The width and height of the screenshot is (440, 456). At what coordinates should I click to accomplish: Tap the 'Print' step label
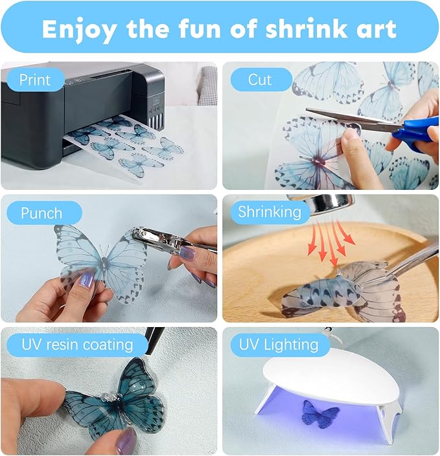[x=34, y=80]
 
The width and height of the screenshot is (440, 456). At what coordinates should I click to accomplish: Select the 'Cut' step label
[x=260, y=80]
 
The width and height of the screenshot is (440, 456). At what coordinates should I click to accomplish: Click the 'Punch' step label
[x=41, y=213]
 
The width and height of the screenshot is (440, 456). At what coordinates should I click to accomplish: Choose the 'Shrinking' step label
[x=270, y=212]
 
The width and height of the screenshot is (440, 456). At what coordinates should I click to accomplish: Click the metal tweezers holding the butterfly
[x=408, y=262]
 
